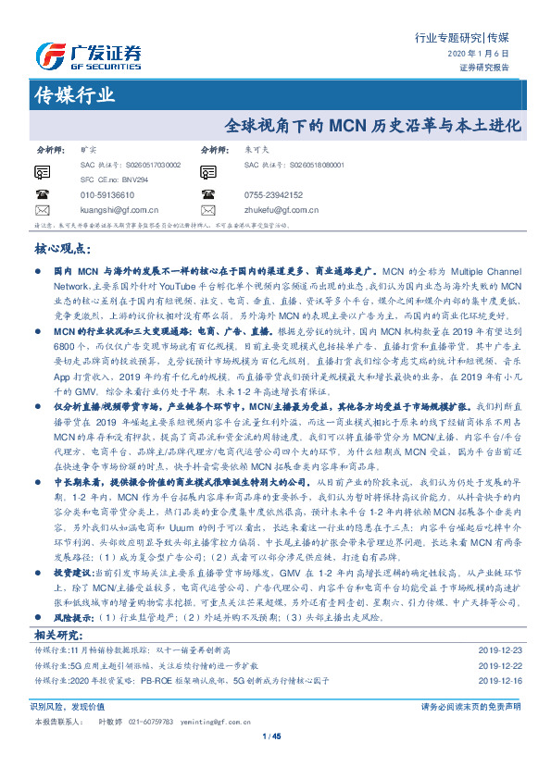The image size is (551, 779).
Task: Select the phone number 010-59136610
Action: pos(107,195)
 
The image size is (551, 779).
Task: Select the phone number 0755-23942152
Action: pos(275,195)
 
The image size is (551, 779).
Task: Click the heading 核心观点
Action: pos(63,249)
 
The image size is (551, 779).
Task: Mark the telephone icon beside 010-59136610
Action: pos(42,195)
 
